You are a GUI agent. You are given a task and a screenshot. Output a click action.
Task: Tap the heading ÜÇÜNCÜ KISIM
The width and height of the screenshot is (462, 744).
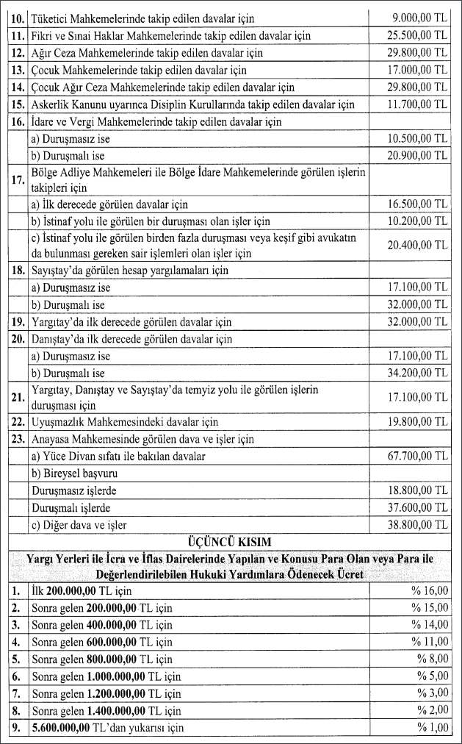coord(230,542)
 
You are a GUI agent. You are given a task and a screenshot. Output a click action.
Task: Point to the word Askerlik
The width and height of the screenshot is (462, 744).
coord(54,104)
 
